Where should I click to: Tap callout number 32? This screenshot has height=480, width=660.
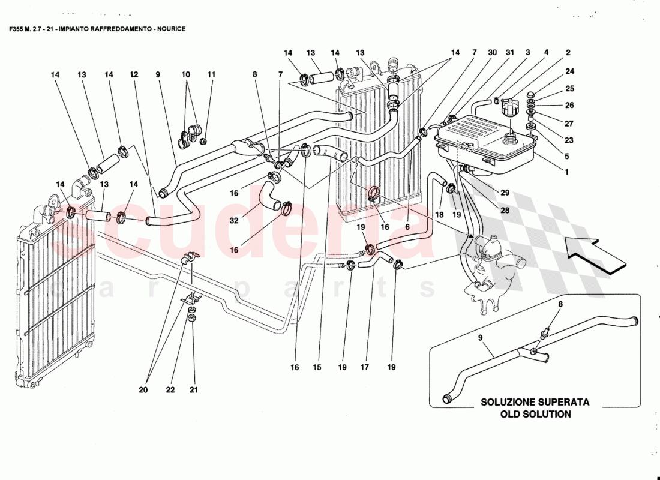click(234, 221)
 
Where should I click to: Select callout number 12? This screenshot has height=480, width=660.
click(134, 75)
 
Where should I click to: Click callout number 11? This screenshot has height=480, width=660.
click(211, 75)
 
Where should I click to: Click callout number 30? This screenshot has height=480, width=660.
click(492, 53)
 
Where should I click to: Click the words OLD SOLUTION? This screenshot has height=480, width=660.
click(535, 414)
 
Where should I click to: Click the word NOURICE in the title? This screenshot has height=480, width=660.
click(169, 29)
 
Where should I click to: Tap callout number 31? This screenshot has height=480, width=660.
click(509, 53)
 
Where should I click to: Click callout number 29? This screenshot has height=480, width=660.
click(505, 193)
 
